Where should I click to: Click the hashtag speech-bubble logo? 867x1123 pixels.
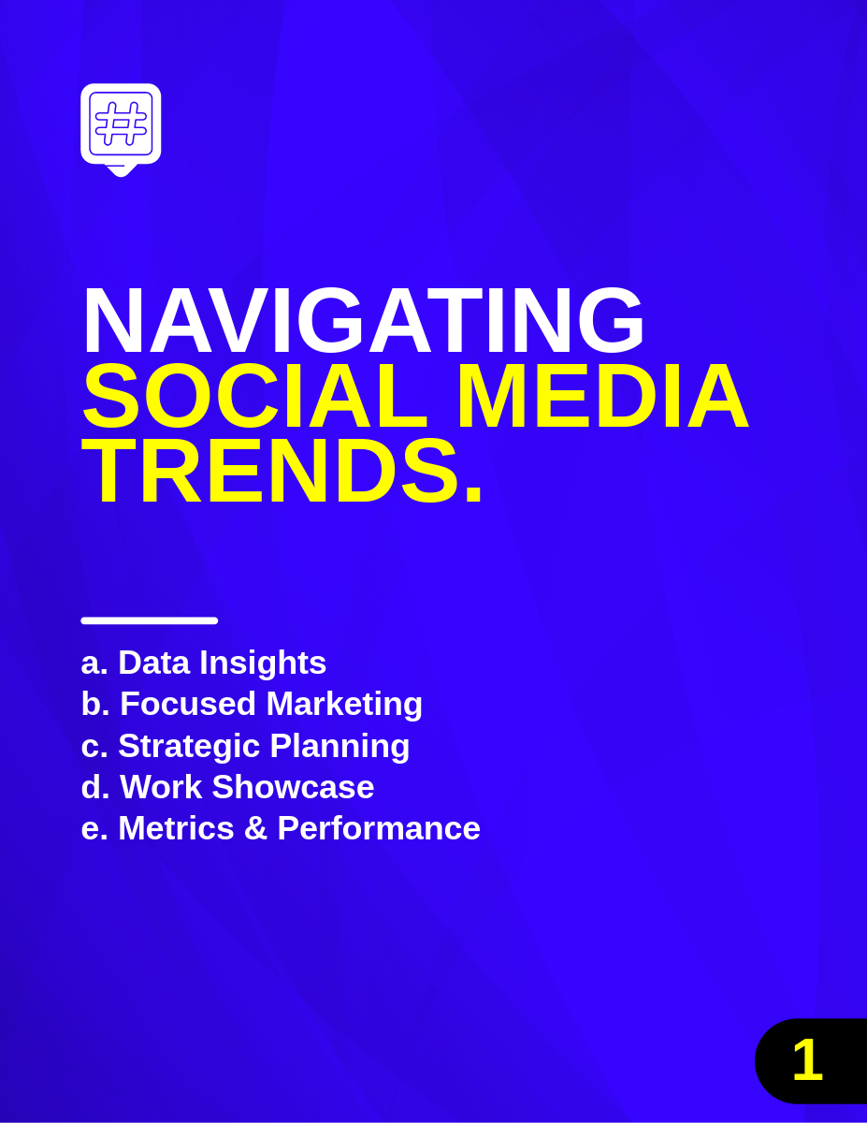pyautogui.click(x=121, y=130)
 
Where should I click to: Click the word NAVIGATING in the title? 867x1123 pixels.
pyautogui.click(x=364, y=320)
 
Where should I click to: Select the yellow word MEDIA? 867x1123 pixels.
pyautogui.click(x=603, y=396)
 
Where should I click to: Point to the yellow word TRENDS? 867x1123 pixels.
pyautogui.click(x=270, y=471)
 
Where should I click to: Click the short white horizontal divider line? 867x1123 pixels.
pyautogui.click(x=150, y=620)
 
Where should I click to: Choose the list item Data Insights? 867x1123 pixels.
pyautogui.click(x=222, y=663)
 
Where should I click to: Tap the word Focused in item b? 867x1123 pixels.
pyautogui.click(x=188, y=704)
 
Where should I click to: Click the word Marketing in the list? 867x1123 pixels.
pyautogui.click(x=344, y=705)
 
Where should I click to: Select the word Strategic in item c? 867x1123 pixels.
pyautogui.click(x=189, y=747)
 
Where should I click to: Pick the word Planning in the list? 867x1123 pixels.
pyautogui.click(x=340, y=747)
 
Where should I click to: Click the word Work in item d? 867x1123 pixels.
pyautogui.click(x=161, y=786)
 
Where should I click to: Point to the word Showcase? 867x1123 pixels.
pyautogui.click(x=293, y=786)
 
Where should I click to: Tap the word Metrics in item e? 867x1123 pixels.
pyautogui.click(x=177, y=828)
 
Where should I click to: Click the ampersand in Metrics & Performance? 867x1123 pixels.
pyautogui.click(x=255, y=828)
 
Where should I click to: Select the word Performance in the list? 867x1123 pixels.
pyautogui.click(x=379, y=828)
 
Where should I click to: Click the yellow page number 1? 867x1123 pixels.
pyautogui.click(x=807, y=1060)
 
